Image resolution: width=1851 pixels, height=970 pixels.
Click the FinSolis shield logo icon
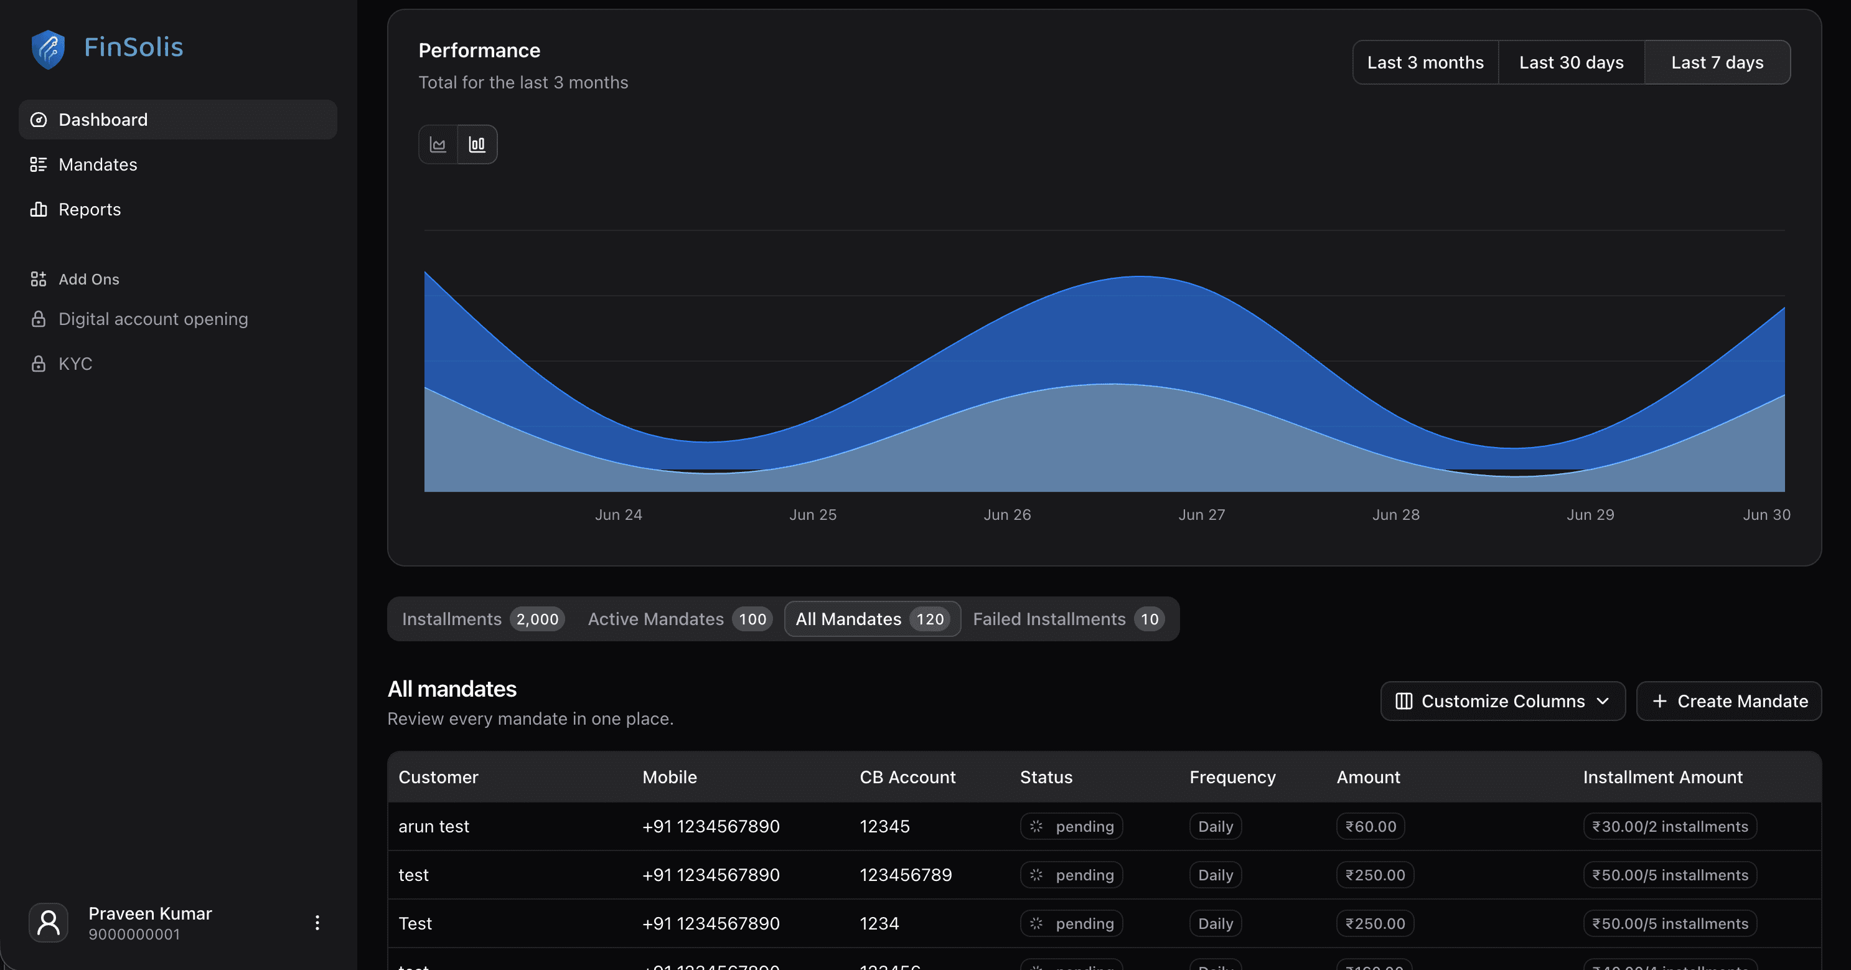[x=48, y=49]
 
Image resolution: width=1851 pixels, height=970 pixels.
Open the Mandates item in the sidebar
[x=98, y=164]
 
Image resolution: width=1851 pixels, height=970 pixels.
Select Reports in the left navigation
[x=89, y=209]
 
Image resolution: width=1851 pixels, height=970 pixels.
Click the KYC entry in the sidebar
[x=75, y=364]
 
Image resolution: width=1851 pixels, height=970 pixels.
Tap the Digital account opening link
[x=152, y=319]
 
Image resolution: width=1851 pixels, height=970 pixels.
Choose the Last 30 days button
[x=1571, y=62]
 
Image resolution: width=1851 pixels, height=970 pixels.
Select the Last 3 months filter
[x=1425, y=62]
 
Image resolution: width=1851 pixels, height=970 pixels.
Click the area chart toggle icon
[x=438, y=144]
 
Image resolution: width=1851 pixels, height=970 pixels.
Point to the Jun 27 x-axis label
[x=1201, y=515]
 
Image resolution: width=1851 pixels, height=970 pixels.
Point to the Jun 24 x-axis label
[x=618, y=515]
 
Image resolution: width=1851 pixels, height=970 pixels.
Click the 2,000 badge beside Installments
[x=537, y=619]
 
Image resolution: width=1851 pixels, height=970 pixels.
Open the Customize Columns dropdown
[x=1502, y=701]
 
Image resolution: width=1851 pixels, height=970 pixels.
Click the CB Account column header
[x=907, y=777]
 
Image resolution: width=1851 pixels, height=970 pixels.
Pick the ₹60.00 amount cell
[x=1371, y=827]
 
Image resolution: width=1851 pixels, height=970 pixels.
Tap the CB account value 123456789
[x=906, y=875]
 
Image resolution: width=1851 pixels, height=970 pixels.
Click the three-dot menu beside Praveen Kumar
[x=317, y=923]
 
